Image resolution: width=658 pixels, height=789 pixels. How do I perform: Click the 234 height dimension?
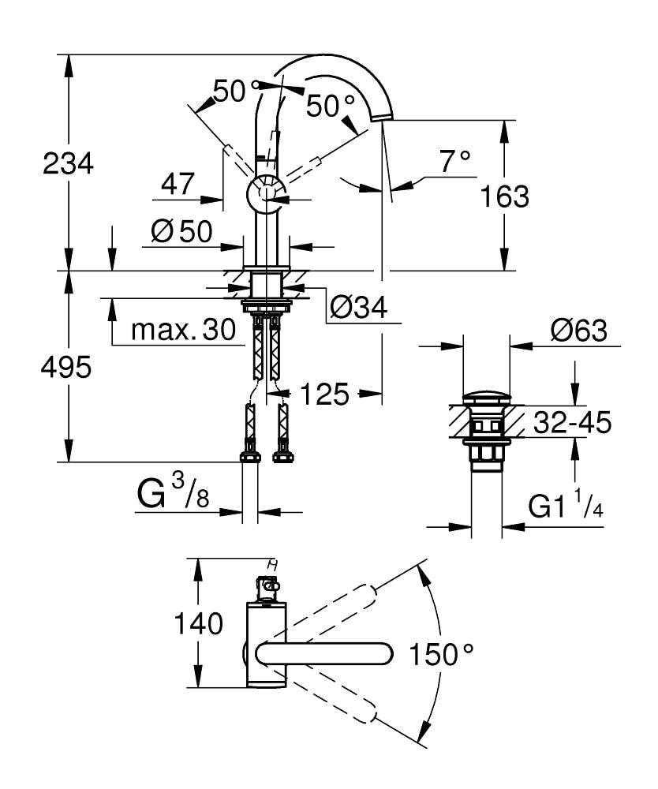pos(68,164)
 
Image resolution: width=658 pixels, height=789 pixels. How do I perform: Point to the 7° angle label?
pos(454,162)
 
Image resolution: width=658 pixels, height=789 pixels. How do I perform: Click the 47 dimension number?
pos(178,185)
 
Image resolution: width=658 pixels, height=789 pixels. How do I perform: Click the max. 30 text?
pos(183,331)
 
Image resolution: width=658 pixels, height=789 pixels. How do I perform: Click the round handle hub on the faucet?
pos(265,193)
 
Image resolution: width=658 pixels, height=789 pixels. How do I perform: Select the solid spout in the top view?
pos(323,653)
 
